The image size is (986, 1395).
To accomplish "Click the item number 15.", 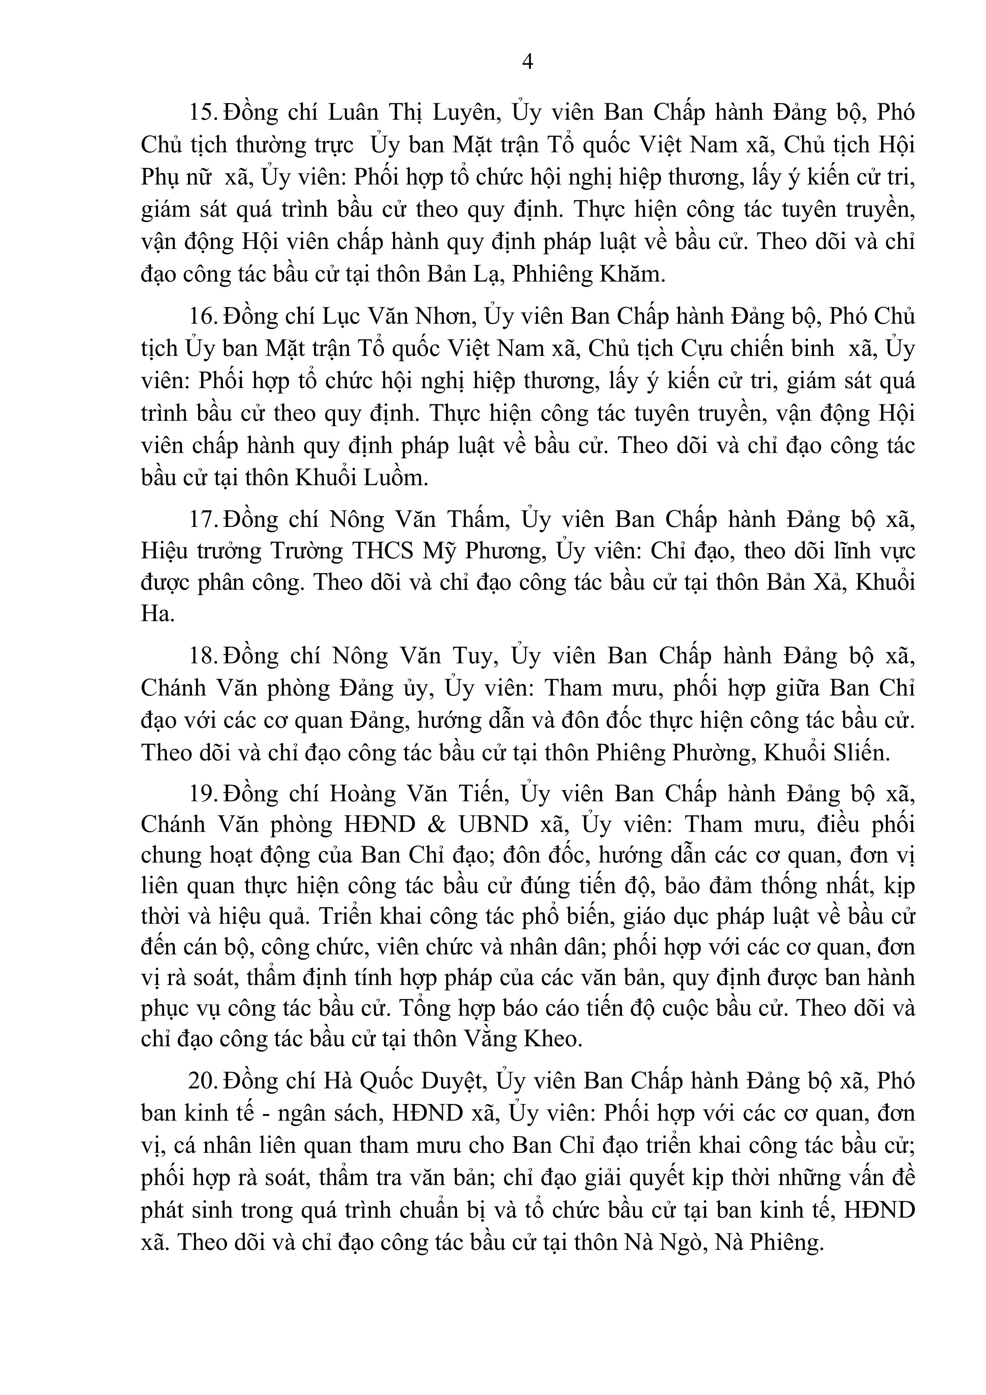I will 204,113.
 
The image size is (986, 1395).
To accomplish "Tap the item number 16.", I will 204,317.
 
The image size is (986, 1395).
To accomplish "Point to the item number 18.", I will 204,656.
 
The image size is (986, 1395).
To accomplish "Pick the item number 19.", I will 204,793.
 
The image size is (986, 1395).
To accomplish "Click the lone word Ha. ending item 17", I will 157,614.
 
